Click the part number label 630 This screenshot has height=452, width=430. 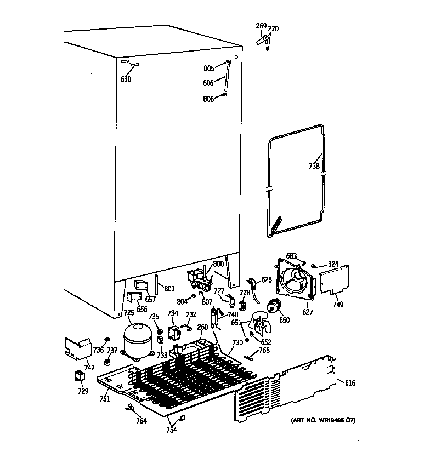pos(126,79)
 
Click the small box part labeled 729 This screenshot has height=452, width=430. pos(80,376)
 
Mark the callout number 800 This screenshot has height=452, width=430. pos(218,264)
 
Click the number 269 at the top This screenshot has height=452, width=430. pos(261,25)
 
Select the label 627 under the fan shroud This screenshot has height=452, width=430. pos(307,312)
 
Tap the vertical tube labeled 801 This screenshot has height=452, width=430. pos(156,286)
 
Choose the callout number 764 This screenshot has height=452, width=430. pos(141,421)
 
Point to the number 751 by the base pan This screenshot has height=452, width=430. pos(104,399)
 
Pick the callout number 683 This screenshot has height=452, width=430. pos(292,256)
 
